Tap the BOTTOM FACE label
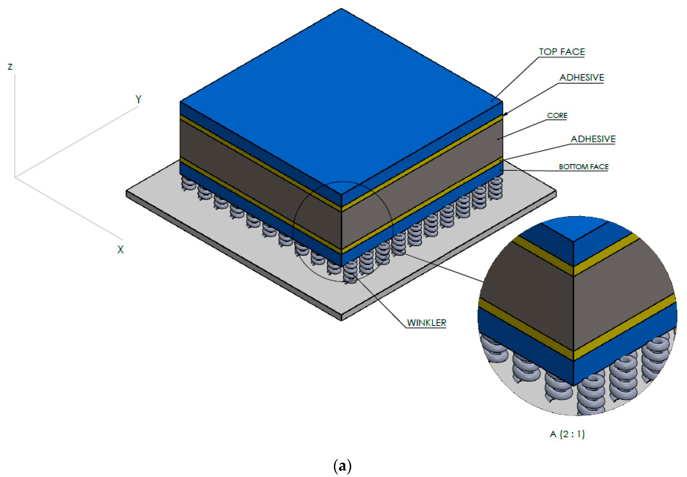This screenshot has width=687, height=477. (x=583, y=167)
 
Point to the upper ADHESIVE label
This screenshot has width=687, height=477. (x=581, y=78)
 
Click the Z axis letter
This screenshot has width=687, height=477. (x=10, y=67)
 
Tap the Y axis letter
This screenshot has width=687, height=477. (x=138, y=99)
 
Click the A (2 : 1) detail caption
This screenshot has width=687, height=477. (x=567, y=434)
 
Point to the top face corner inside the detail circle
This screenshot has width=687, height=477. (x=573, y=242)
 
